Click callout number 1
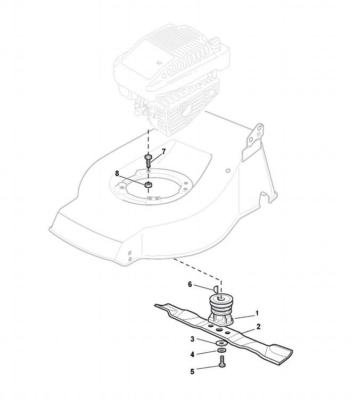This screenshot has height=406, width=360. click(x=257, y=313)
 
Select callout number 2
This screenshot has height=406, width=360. click(x=258, y=326)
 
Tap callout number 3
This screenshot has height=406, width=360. click(x=192, y=339)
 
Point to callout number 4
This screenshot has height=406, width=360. click(x=192, y=354)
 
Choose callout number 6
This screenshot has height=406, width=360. click(x=190, y=284)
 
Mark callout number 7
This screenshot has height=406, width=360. click(x=163, y=152)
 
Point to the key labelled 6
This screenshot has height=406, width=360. click(x=215, y=288)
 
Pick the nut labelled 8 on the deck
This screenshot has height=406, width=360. click(x=149, y=185)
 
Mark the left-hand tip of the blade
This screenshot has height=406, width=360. click(x=158, y=306)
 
